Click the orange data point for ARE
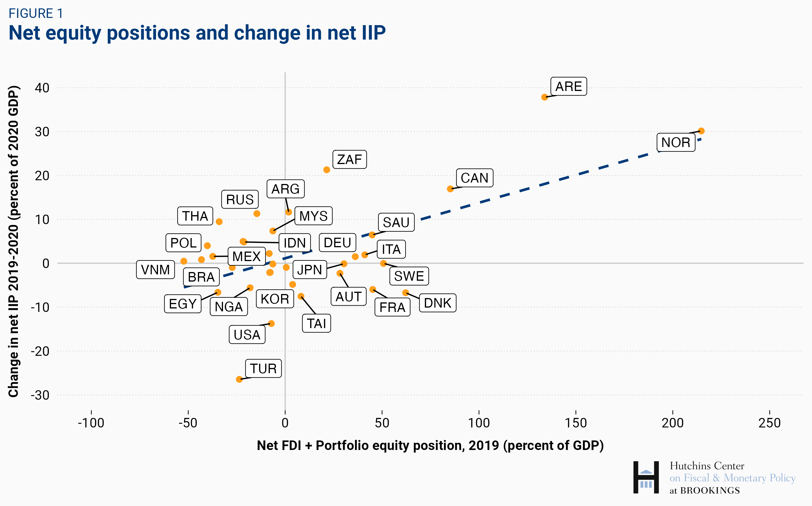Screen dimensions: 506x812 coord(544,97)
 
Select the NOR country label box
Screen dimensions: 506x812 coord(675,143)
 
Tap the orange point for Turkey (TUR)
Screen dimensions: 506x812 coord(239,379)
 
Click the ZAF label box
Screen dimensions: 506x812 coord(349,159)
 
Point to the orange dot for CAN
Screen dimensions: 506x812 coord(450,189)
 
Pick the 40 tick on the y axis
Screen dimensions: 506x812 coord(42,88)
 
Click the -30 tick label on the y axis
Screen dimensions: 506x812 coord(40,395)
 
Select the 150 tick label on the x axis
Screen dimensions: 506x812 coord(575,423)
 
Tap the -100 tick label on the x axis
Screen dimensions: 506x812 coord(91,423)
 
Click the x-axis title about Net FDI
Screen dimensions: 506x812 coord(430,445)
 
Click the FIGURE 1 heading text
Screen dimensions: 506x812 coord(36,13)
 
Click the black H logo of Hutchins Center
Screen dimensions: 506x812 coord(646,477)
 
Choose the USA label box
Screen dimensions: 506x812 coord(247,335)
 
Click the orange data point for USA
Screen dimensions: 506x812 coord(272,323)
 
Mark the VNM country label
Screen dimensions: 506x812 coord(155,270)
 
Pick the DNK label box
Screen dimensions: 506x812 coord(437,303)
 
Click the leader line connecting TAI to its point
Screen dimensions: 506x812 coord(309,305)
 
